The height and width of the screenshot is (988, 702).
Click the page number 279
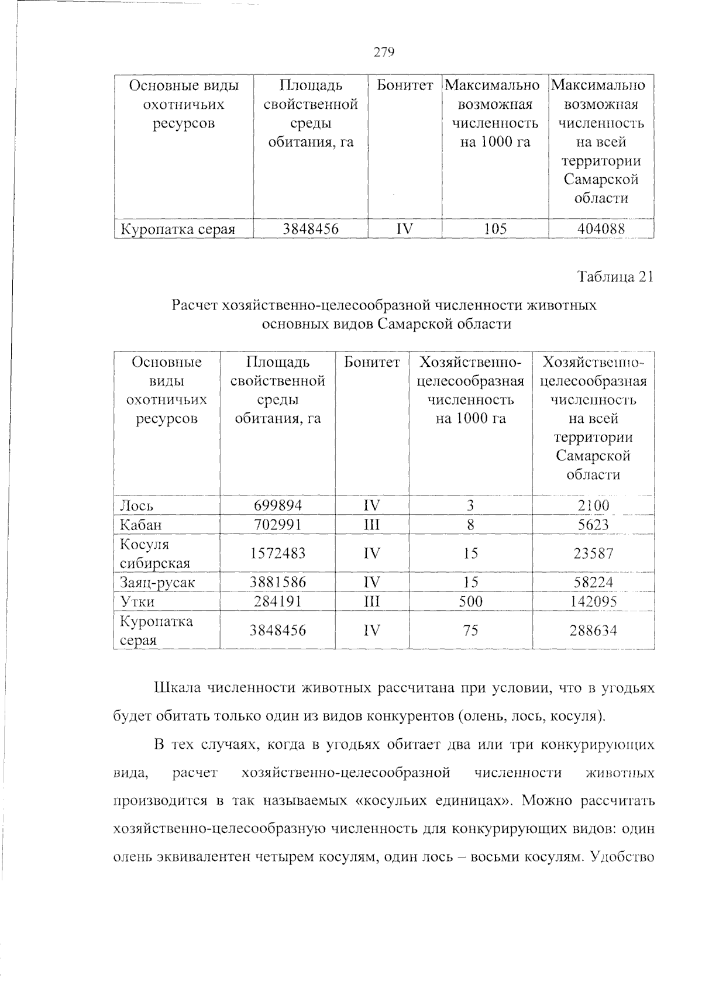[384, 53]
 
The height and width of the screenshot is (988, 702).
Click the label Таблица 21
[614, 277]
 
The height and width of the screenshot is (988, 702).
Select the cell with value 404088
[601, 229]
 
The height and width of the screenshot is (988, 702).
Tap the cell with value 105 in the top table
[495, 229]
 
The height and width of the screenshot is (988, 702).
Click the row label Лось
[137, 505]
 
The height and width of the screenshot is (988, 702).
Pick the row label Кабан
[140, 525]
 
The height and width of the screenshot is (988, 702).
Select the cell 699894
[278, 505]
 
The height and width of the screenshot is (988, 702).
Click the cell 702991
[278, 525]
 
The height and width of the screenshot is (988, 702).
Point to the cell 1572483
[278, 553]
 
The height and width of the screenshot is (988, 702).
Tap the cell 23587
[593, 553]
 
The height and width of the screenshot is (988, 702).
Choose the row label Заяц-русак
[157, 583]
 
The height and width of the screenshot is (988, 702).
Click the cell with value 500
[470, 602]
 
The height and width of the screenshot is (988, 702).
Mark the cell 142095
[593, 602]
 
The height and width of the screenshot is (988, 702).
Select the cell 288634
[593, 631]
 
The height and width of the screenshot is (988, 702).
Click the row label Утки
[137, 602]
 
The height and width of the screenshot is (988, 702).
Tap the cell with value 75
[470, 631]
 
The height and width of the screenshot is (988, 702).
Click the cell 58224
[593, 583]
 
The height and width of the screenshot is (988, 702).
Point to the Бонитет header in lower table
[372, 363]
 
